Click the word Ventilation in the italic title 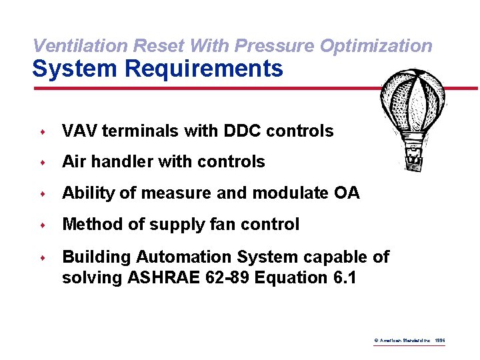pos(81,46)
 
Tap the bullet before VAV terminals pos(41,132)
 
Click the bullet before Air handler pos(41,163)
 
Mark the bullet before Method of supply pos(41,225)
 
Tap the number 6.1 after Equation pos(343,277)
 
